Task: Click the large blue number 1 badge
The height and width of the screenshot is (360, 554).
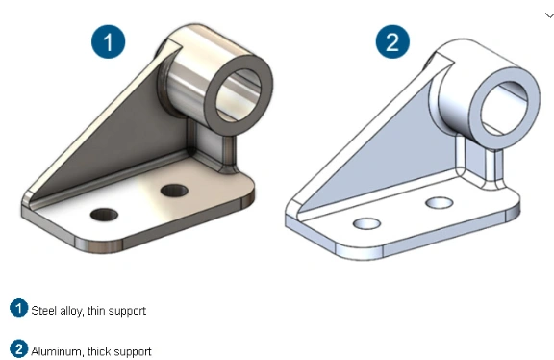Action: click(108, 41)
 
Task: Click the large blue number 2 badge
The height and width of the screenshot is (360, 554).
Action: click(392, 41)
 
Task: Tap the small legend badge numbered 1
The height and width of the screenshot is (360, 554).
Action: click(18, 308)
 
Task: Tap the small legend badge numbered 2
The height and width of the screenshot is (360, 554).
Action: click(18, 348)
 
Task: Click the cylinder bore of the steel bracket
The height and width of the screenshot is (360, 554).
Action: click(239, 94)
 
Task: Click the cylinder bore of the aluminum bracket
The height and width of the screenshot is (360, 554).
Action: click(505, 108)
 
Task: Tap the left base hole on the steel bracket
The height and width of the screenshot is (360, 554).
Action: click(104, 215)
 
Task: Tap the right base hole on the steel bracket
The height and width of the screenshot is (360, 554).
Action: click(174, 191)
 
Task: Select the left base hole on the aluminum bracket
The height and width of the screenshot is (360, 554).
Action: click(366, 223)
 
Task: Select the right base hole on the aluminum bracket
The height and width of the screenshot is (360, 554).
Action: click(440, 203)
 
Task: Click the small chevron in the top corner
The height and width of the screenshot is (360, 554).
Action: click(549, 15)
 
